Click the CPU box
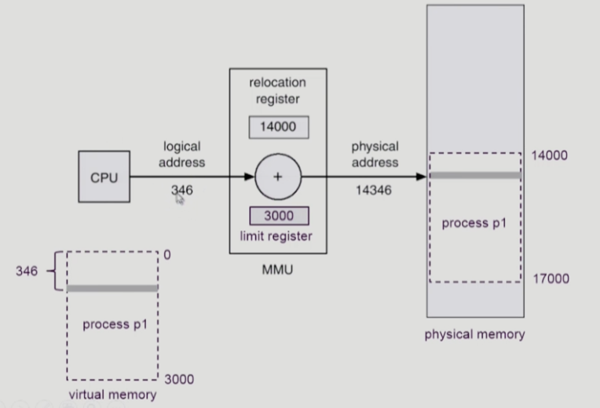click(x=104, y=177)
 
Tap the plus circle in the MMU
click(x=278, y=177)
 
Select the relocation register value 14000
click(x=278, y=127)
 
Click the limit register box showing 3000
click(x=279, y=216)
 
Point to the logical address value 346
click(x=182, y=190)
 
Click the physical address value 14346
click(x=375, y=191)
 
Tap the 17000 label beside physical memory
click(x=549, y=279)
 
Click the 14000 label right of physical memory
click(x=549, y=155)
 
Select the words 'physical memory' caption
click(x=474, y=335)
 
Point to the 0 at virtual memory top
click(x=167, y=256)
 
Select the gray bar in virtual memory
click(x=112, y=288)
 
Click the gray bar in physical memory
click(x=474, y=176)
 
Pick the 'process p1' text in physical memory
click(x=474, y=224)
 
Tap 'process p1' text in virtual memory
click(x=112, y=325)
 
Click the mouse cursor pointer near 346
click(x=180, y=200)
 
